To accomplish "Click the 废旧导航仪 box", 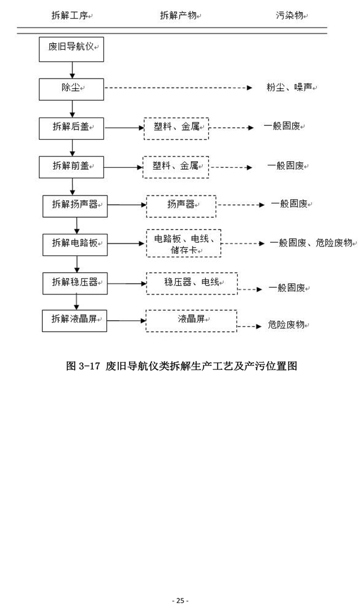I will [72, 48].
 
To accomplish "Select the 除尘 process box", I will [72, 88].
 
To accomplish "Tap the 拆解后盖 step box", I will [72, 127].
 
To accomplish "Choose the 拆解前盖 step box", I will [72, 166].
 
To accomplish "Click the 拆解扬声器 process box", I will [75, 205].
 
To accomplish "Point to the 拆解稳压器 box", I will [75, 282].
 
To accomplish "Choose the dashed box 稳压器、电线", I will [191, 282].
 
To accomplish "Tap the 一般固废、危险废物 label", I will [311, 243].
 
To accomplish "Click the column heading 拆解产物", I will [180, 14].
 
